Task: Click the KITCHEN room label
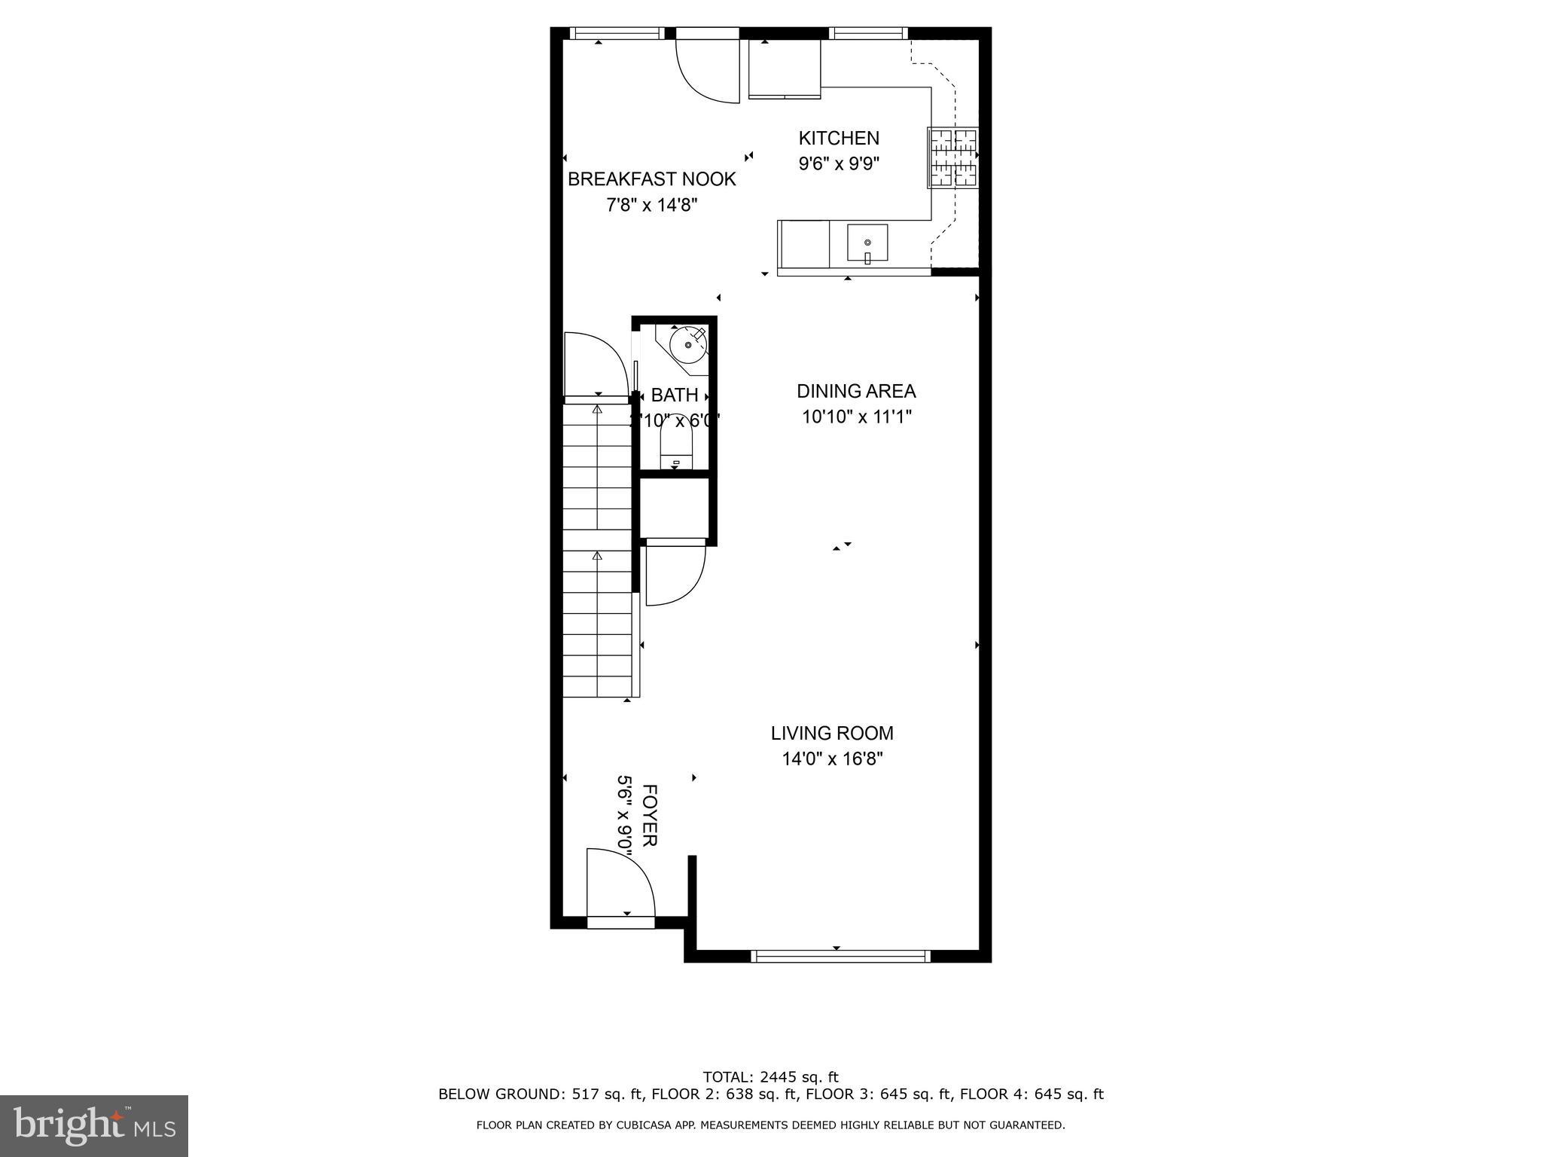coord(838,139)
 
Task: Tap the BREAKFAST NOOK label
coord(651,179)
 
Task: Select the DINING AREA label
coord(856,391)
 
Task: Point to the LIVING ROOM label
coord(832,733)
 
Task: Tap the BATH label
coord(675,395)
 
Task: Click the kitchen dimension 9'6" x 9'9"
coord(838,163)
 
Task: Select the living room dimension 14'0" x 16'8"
coord(832,759)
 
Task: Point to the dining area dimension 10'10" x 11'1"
coord(856,417)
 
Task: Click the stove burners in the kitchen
coord(953,158)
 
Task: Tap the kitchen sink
coord(867,243)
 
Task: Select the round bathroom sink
coord(687,344)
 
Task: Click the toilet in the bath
coord(675,449)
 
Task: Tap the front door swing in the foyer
coord(619,881)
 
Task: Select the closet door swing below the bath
coord(674,572)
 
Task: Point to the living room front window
coord(841,956)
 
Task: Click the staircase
coord(598,550)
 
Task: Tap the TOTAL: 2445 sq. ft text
coord(770,1077)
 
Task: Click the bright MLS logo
coord(94,1125)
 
